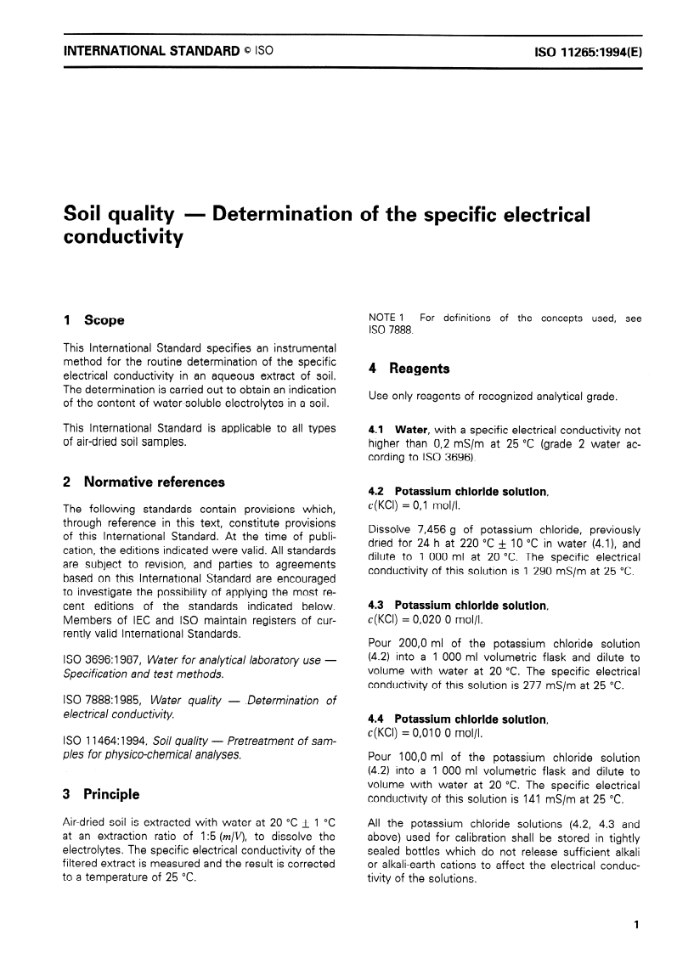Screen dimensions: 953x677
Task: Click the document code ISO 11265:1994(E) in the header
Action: tap(588, 51)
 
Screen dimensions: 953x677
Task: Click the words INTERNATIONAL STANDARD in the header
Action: tap(151, 51)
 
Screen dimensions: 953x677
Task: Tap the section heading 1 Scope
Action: tap(94, 320)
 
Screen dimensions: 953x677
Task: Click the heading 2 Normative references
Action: tap(144, 482)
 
